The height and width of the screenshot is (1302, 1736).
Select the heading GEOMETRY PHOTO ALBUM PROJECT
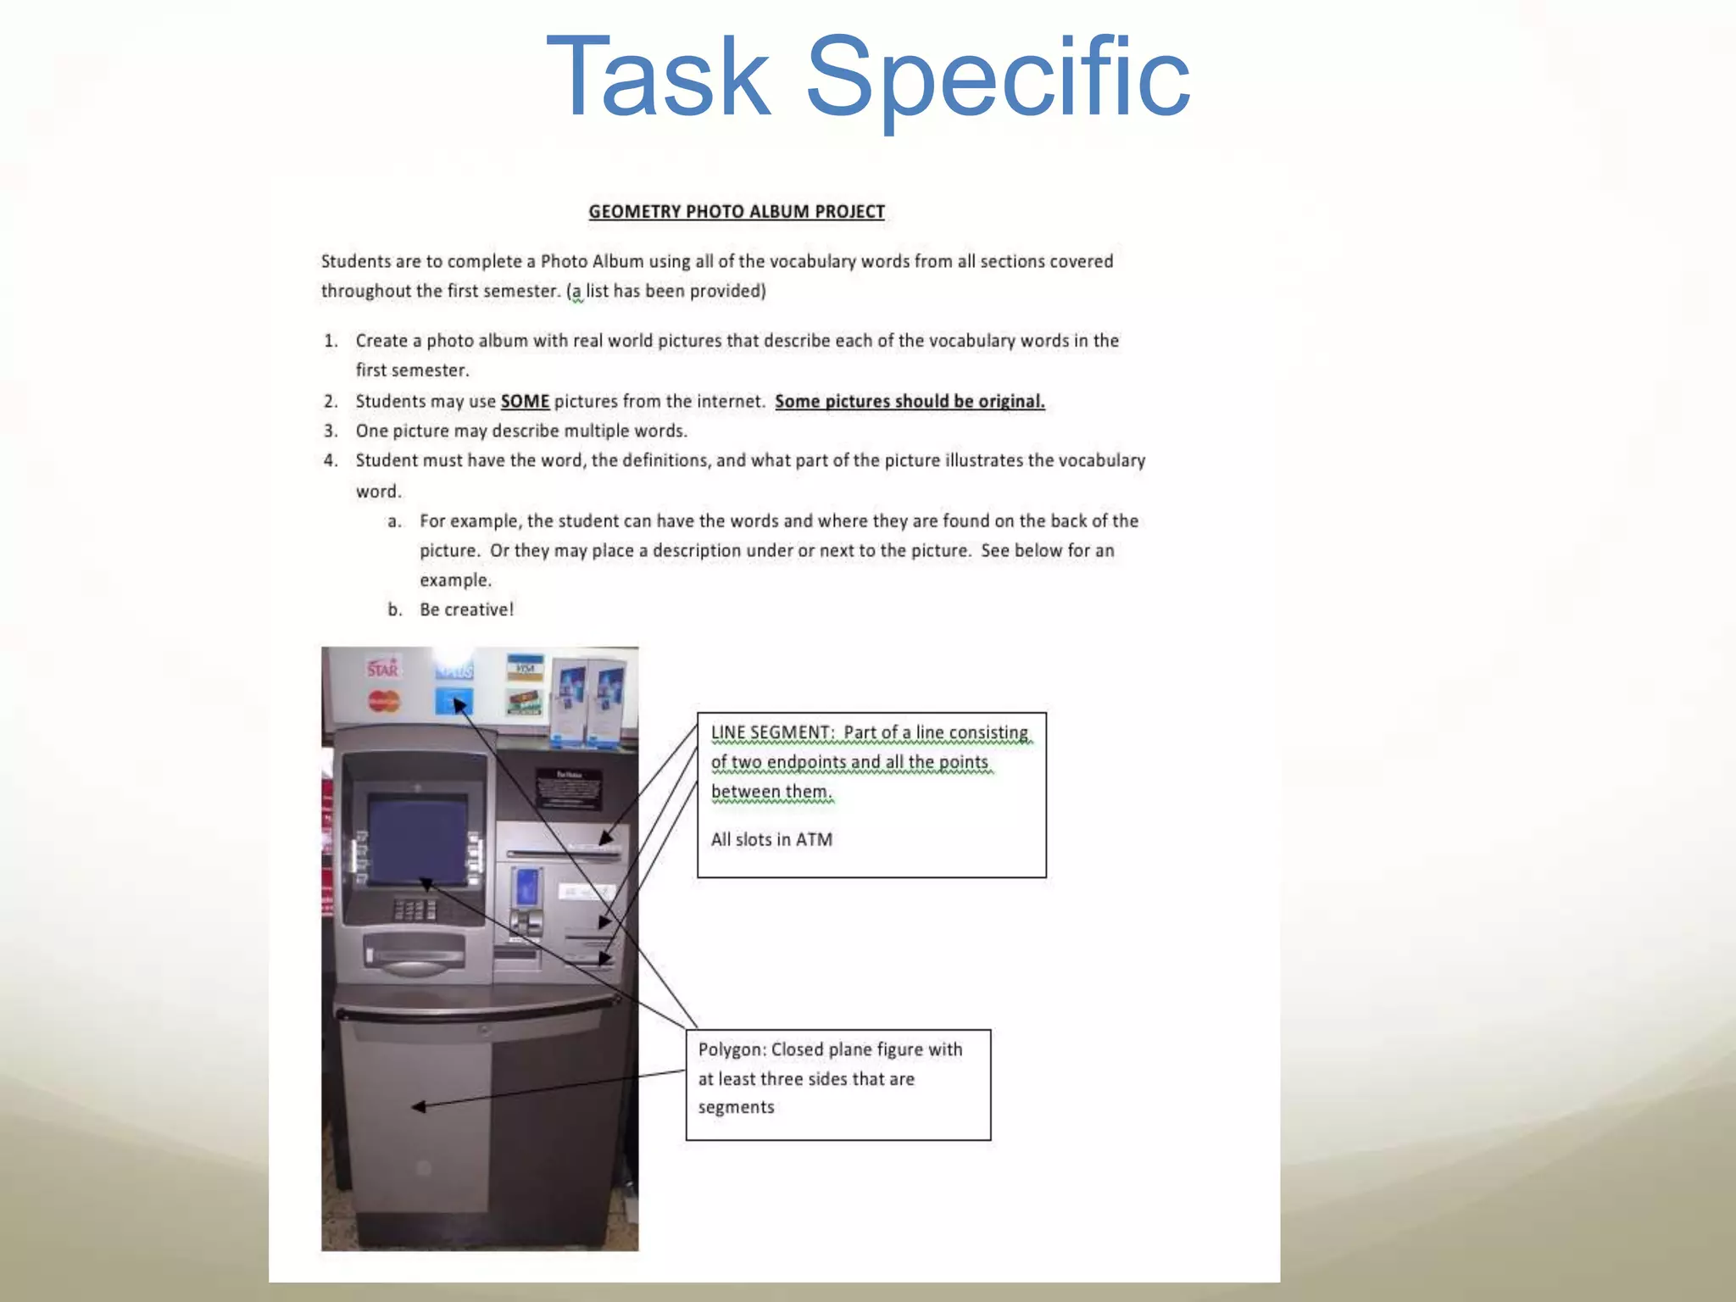coord(736,212)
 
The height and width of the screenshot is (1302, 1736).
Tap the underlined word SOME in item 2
coord(525,402)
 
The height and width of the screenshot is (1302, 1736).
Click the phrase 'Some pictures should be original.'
coord(910,402)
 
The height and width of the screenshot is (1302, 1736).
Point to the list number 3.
coord(331,431)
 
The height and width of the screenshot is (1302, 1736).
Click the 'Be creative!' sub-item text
coord(466,610)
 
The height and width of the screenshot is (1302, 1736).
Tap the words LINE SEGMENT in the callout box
coord(771,732)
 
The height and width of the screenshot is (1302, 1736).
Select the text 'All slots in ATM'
coord(771,840)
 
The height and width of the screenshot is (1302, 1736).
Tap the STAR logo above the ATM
coord(382,669)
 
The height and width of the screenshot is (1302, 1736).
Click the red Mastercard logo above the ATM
coord(384,702)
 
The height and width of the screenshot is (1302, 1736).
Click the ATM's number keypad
coord(415,910)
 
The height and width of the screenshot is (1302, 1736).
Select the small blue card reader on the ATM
coord(526,887)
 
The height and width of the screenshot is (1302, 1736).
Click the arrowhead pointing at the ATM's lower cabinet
coord(418,1106)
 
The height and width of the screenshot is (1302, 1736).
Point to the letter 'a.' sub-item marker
coord(394,521)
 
